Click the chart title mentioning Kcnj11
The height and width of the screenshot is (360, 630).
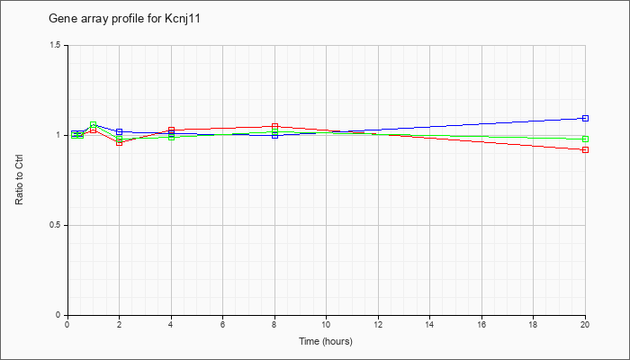click(x=124, y=19)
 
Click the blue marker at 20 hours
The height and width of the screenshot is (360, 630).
click(x=585, y=118)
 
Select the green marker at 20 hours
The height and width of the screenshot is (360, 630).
click(x=585, y=139)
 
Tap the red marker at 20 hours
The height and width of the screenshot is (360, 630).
click(x=585, y=150)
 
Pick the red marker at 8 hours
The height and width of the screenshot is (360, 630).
click(x=274, y=127)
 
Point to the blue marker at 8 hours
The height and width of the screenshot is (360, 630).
click(x=274, y=135)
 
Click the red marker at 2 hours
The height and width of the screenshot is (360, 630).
click(x=120, y=142)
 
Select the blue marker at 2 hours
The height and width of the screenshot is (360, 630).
click(x=120, y=131)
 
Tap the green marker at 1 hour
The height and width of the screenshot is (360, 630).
click(x=94, y=124)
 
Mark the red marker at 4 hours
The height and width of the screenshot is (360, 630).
click(x=172, y=130)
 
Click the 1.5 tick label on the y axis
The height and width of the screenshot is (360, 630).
click(x=55, y=45)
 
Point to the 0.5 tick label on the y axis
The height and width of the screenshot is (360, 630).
click(x=55, y=225)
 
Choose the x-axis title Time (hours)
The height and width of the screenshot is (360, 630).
click(x=326, y=341)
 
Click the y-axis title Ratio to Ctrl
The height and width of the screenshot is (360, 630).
click(x=19, y=180)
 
